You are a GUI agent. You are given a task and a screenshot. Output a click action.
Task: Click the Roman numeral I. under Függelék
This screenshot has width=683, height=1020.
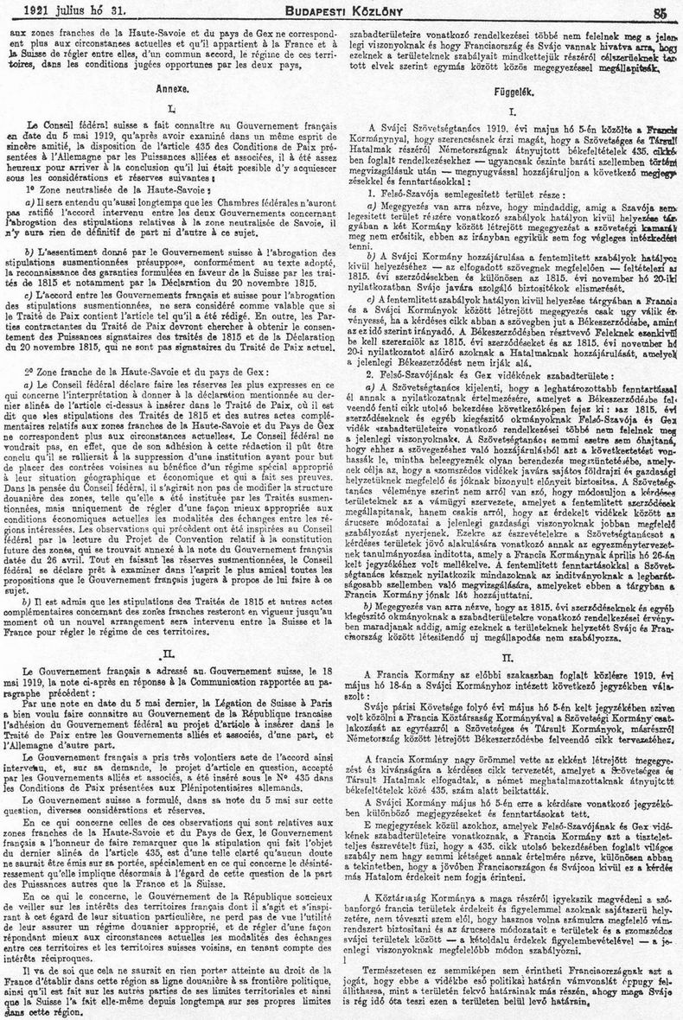coord(513,112)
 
